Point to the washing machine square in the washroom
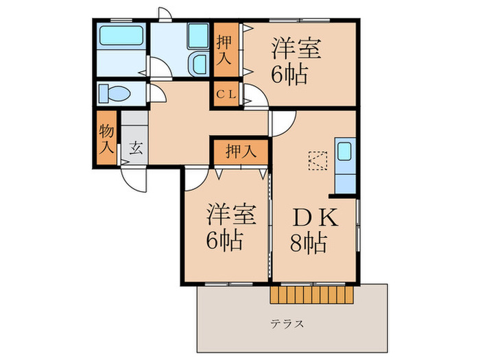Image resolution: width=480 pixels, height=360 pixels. (x=198, y=34)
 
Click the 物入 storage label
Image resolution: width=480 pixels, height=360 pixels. (x=106, y=137)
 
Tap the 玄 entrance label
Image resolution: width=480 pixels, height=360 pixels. (x=135, y=147)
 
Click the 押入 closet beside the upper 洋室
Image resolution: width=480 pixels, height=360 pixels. (x=225, y=49)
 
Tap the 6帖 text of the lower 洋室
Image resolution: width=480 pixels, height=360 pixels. (x=224, y=241)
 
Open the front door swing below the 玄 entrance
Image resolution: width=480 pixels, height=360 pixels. (x=134, y=178)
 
